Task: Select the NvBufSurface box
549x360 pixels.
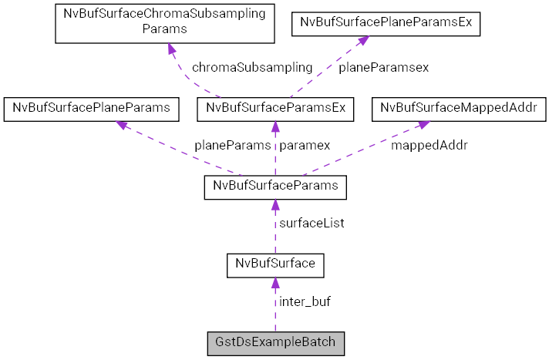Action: tap(275, 264)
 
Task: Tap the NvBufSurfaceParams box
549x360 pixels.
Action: tap(275, 187)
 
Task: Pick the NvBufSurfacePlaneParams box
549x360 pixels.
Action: tap(92, 109)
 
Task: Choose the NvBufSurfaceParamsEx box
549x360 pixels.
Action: tap(275, 109)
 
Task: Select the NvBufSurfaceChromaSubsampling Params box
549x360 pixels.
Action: tap(165, 22)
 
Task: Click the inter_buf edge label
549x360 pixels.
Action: tap(305, 301)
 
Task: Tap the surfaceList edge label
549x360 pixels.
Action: tap(312, 223)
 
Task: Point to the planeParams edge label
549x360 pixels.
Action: tap(232, 144)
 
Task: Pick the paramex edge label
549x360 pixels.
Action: tap(305, 144)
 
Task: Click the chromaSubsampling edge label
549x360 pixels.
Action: tap(252, 67)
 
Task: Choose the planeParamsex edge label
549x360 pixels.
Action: tap(383, 67)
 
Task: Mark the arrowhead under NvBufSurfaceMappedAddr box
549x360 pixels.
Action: tap(424, 124)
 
